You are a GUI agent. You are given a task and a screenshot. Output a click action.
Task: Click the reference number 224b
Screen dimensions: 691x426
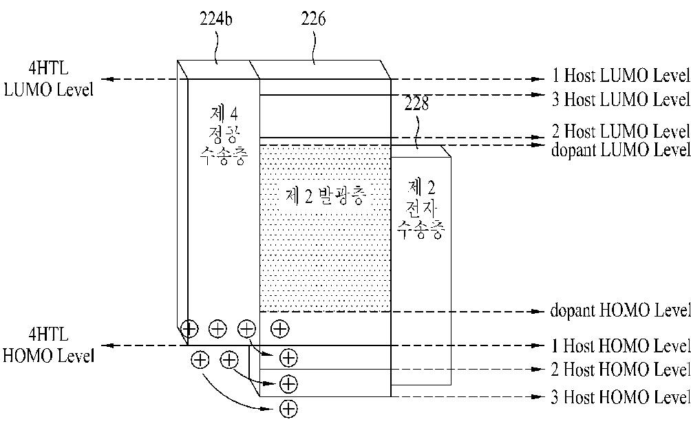coord(216,19)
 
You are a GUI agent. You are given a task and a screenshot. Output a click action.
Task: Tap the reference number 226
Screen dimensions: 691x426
coord(313,19)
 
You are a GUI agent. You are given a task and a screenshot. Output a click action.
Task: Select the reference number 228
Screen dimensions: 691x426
coord(416,103)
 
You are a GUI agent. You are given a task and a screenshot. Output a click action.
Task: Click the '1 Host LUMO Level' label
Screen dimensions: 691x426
coord(621,75)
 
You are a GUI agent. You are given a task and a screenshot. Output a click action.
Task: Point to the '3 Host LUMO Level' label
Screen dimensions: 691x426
coord(621,99)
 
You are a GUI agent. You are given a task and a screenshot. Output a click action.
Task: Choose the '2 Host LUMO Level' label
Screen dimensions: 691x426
coord(621,131)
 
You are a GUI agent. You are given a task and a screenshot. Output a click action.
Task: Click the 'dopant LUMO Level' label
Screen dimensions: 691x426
coord(621,150)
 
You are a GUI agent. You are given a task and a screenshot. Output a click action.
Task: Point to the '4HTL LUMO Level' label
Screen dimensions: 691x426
coord(48,79)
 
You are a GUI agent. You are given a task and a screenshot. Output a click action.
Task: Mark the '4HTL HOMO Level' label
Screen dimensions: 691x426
coord(48,345)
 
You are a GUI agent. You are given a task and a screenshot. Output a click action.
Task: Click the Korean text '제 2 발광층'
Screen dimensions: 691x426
coord(326,195)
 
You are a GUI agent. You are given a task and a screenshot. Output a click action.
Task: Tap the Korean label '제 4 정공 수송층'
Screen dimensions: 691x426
coord(224,136)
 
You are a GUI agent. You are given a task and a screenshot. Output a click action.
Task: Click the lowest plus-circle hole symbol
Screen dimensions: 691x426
coord(288,409)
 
